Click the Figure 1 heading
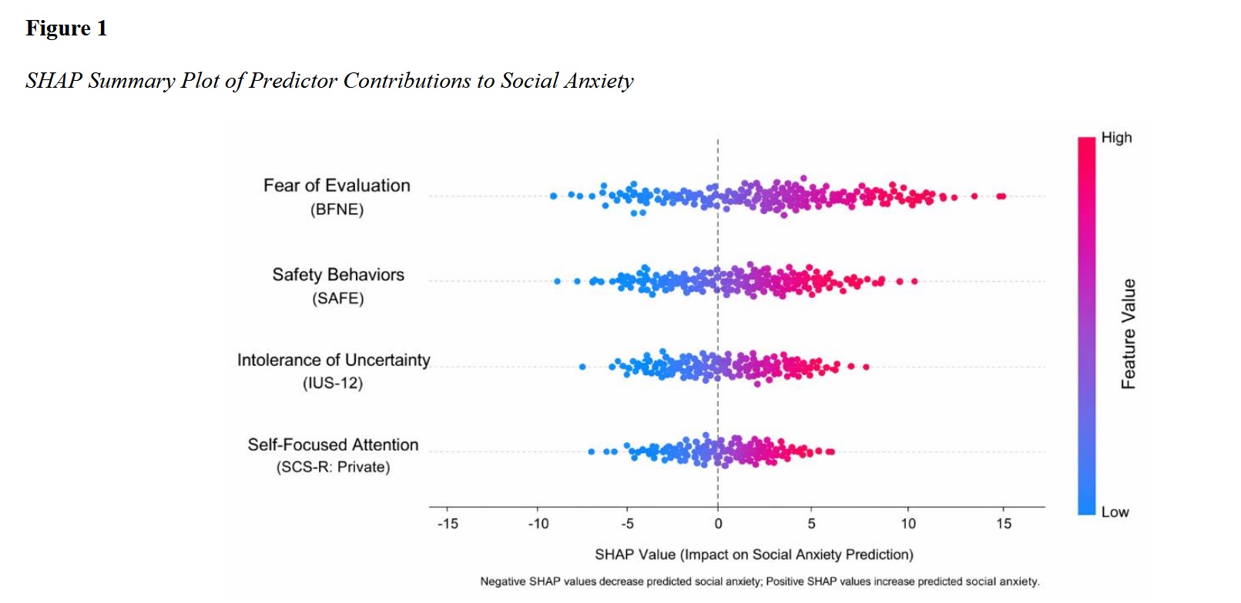[66, 28]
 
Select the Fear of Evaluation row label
[337, 186]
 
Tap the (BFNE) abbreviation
[337, 209]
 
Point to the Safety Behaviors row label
[337, 275]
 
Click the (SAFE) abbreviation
[337, 299]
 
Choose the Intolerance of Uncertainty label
[333, 360]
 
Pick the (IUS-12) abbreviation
[332, 384]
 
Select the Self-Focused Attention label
[333, 444]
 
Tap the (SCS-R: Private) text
[333, 467]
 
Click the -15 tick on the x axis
[448, 524]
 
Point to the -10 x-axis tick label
[538, 524]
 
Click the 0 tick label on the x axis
[718, 524]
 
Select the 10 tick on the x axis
[908, 524]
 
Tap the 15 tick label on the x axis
[1003, 524]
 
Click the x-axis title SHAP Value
[753, 554]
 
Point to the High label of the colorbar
[1116, 138]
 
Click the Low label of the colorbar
[1115, 512]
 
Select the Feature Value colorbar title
[1129, 333]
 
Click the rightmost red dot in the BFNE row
[1001, 196]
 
